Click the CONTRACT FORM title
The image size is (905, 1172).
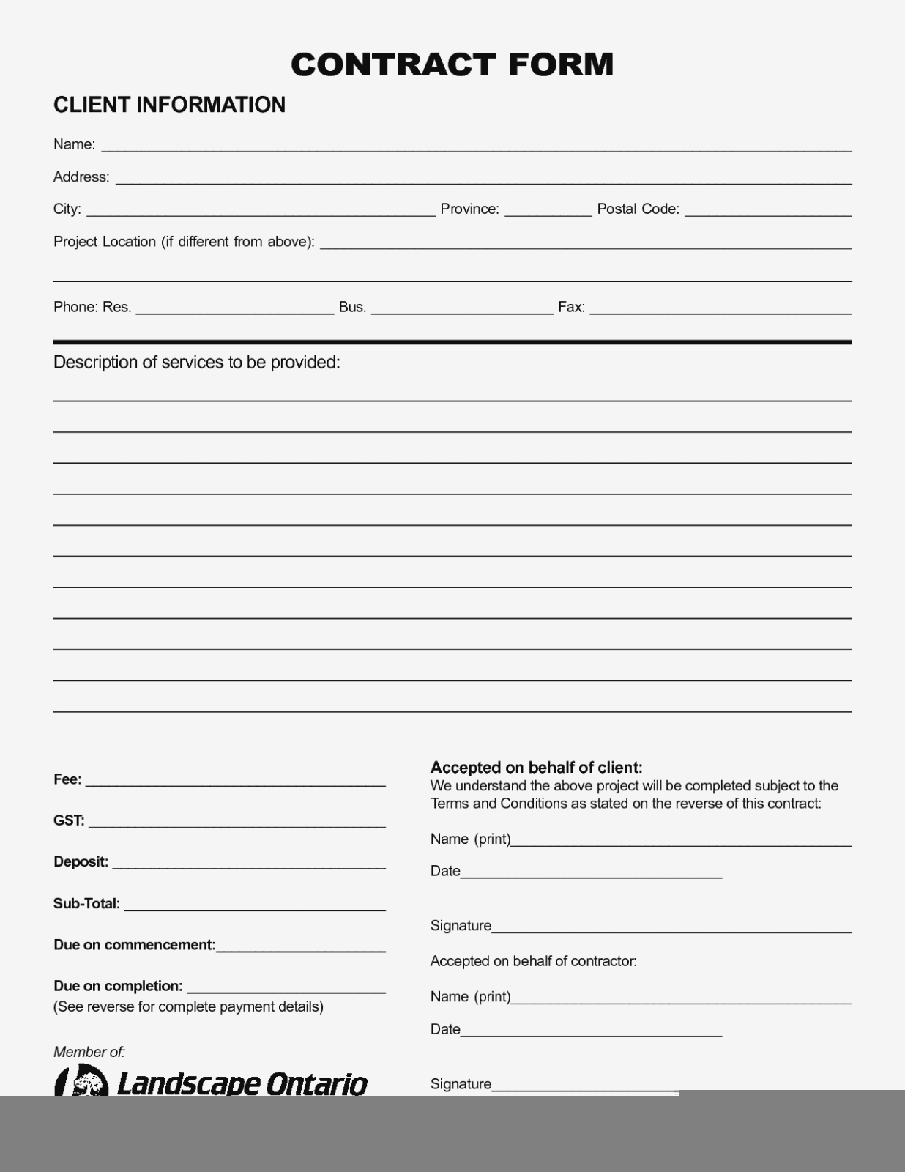452,64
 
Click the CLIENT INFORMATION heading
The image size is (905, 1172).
169,105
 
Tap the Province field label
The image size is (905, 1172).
469,209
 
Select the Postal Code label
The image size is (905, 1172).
638,209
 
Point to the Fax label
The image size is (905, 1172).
571,308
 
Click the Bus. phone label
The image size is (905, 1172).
352,308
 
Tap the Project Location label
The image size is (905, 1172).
184,242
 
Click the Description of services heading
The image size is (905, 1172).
196,363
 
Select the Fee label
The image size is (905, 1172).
67,779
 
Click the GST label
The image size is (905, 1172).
69,820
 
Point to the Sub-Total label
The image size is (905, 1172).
86,904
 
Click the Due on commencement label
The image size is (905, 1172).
135,945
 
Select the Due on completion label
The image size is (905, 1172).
118,986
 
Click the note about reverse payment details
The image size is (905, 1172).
188,1006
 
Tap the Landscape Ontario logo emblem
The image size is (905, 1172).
81,1081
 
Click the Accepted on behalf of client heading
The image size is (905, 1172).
536,768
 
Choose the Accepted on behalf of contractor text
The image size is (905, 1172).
533,961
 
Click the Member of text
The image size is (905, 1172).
89,1052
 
